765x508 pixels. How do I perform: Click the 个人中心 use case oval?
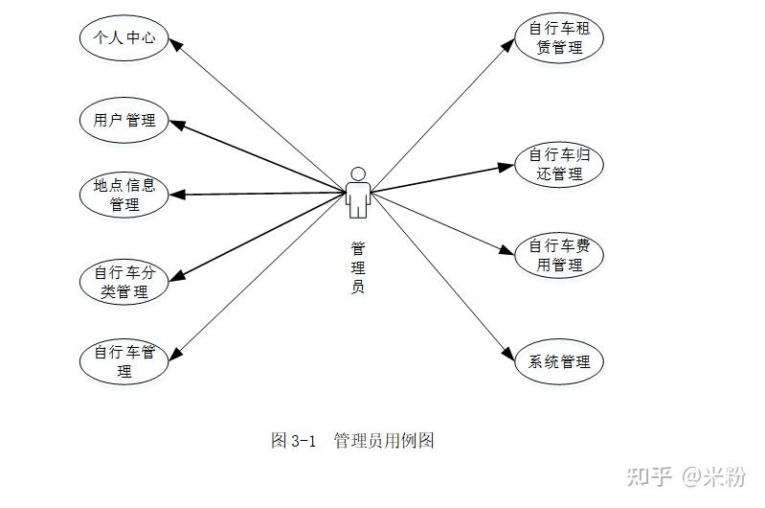(124, 38)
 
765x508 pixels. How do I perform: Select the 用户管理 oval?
(124, 120)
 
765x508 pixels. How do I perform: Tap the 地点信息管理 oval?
(124, 195)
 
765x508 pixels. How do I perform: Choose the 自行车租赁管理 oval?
(559, 37)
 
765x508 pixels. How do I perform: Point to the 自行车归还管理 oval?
(559, 164)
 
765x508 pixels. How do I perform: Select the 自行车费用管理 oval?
(559, 255)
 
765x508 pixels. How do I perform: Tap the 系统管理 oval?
(559, 362)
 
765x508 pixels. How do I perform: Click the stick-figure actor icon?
(357, 193)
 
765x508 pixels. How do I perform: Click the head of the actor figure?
(357, 173)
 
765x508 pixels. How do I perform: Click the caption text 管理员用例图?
(384, 441)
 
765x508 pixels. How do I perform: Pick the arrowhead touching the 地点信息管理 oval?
(176, 195)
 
